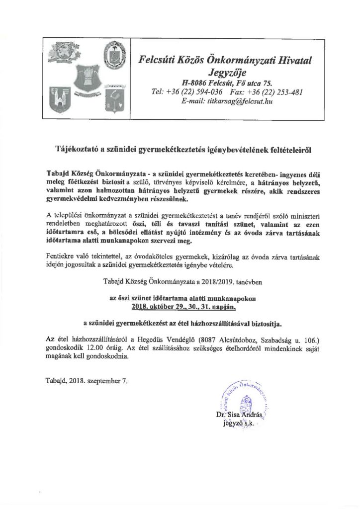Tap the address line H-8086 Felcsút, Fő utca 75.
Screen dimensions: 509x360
coord(226,83)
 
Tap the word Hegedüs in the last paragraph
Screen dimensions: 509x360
coord(158,339)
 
